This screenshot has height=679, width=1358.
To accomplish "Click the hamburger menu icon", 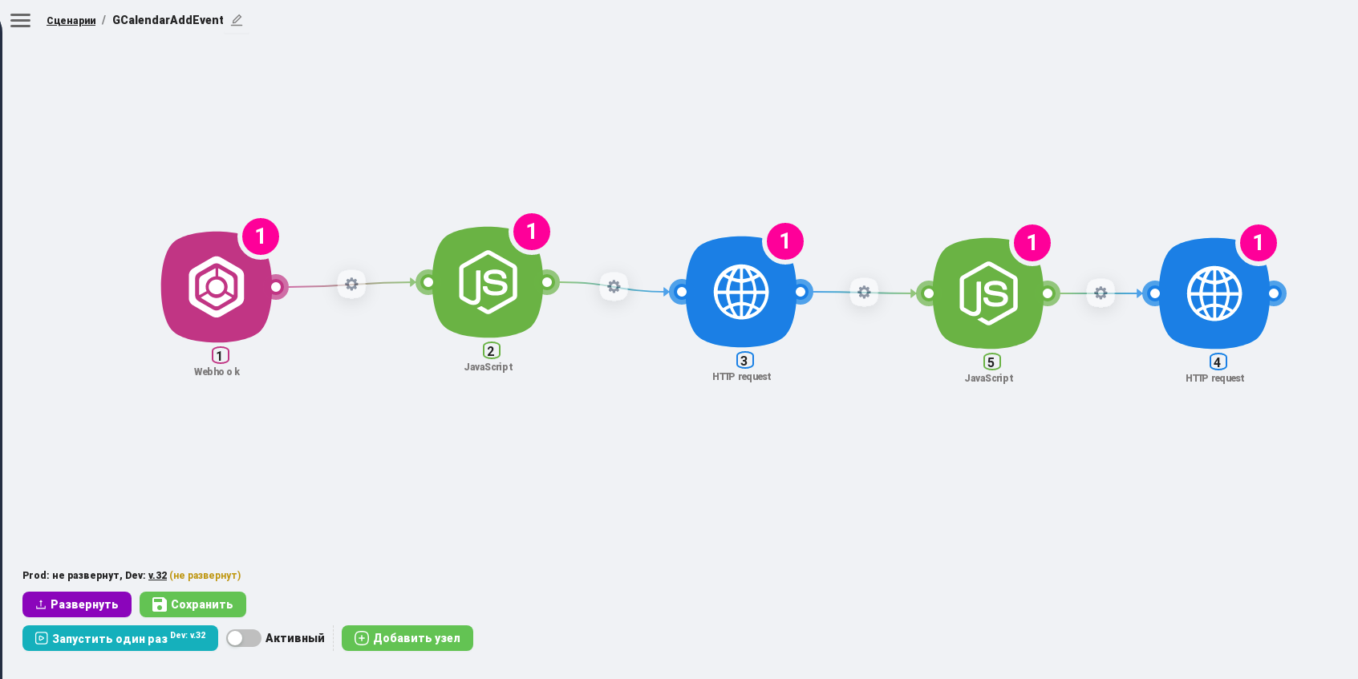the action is click(x=20, y=21).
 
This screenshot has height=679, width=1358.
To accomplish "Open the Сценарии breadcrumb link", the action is click(x=71, y=21).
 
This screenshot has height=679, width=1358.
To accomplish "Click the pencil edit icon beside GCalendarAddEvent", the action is click(x=237, y=21).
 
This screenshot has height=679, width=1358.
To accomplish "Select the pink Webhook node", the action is click(x=217, y=286).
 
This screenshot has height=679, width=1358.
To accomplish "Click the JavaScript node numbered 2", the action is click(x=488, y=282).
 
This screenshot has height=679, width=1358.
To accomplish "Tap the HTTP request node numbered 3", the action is click(x=741, y=292).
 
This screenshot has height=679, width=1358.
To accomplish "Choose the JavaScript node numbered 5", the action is click(x=988, y=293).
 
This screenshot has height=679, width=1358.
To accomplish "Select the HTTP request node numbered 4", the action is click(x=1214, y=293).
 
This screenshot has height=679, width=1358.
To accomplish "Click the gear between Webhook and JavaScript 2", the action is click(x=351, y=284).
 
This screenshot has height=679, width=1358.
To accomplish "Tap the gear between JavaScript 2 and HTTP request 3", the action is click(x=614, y=286).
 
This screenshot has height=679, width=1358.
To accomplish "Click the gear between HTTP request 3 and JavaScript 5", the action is click(x=864, y=293).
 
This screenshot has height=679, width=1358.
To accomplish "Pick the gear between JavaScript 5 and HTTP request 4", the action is click(x=1101, y=293).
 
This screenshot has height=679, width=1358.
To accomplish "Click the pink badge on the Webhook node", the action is click(x=261, y=236).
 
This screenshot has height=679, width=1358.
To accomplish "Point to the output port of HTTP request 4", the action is click(x=1274, y=293).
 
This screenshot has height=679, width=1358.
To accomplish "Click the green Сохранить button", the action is click(x=193, y=604).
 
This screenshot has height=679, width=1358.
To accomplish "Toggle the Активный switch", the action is click(x=244, y=638).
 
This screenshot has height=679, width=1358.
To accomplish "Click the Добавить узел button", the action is click(x=407, y=638).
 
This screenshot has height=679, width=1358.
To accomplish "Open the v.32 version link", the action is click(x=158, y=576).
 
